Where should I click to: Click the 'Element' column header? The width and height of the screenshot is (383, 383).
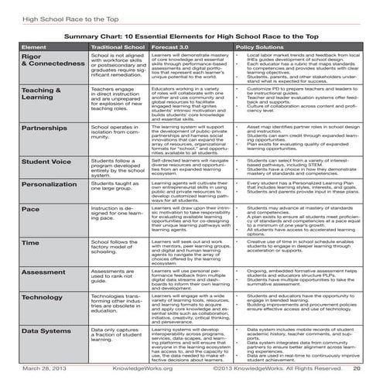(36, 47)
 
